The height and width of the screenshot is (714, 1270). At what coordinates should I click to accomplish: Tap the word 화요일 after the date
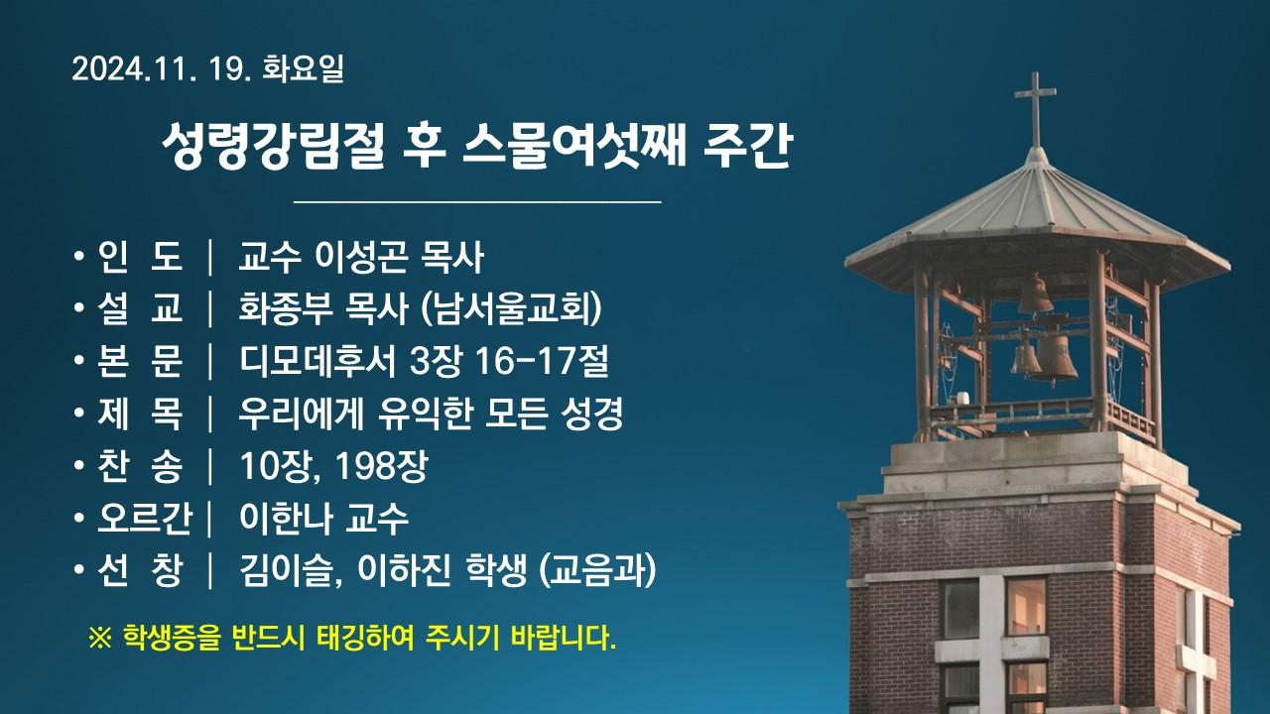pyautogui.click(x=304, y=68)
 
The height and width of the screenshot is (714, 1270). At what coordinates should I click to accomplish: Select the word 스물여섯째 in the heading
pyautogui.click(x=574, y=145)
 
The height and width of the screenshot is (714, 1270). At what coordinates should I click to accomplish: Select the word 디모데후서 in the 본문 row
pyautogui.click(x=317, y=361)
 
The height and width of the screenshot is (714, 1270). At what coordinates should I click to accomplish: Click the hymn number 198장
pyautogui.click(x=381, y=466)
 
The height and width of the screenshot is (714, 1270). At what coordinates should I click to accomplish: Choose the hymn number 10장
pyautogui.click(x=278, y=466)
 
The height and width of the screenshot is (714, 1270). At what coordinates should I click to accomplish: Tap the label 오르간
pyautogui.click(x=145, y=518)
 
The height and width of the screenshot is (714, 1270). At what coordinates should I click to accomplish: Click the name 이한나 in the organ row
pyautogui.click(x=285, y=518)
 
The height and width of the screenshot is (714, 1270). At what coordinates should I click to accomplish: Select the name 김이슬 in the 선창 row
pyautogui.click(x=287, y=570)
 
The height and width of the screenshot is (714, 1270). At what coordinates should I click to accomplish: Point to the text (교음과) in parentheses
pyautogui.click(x=597, y=570)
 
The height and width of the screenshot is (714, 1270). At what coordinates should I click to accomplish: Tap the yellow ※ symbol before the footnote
pyautogui.click(x=101, y=639)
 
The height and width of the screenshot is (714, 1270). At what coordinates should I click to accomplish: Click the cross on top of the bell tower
pyautogui.click(x=1035, y=109)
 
